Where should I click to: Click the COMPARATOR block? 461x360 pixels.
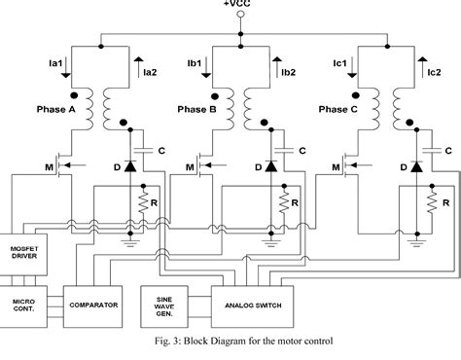pos(93,277)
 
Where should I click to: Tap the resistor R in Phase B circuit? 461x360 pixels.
pos(285,204)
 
